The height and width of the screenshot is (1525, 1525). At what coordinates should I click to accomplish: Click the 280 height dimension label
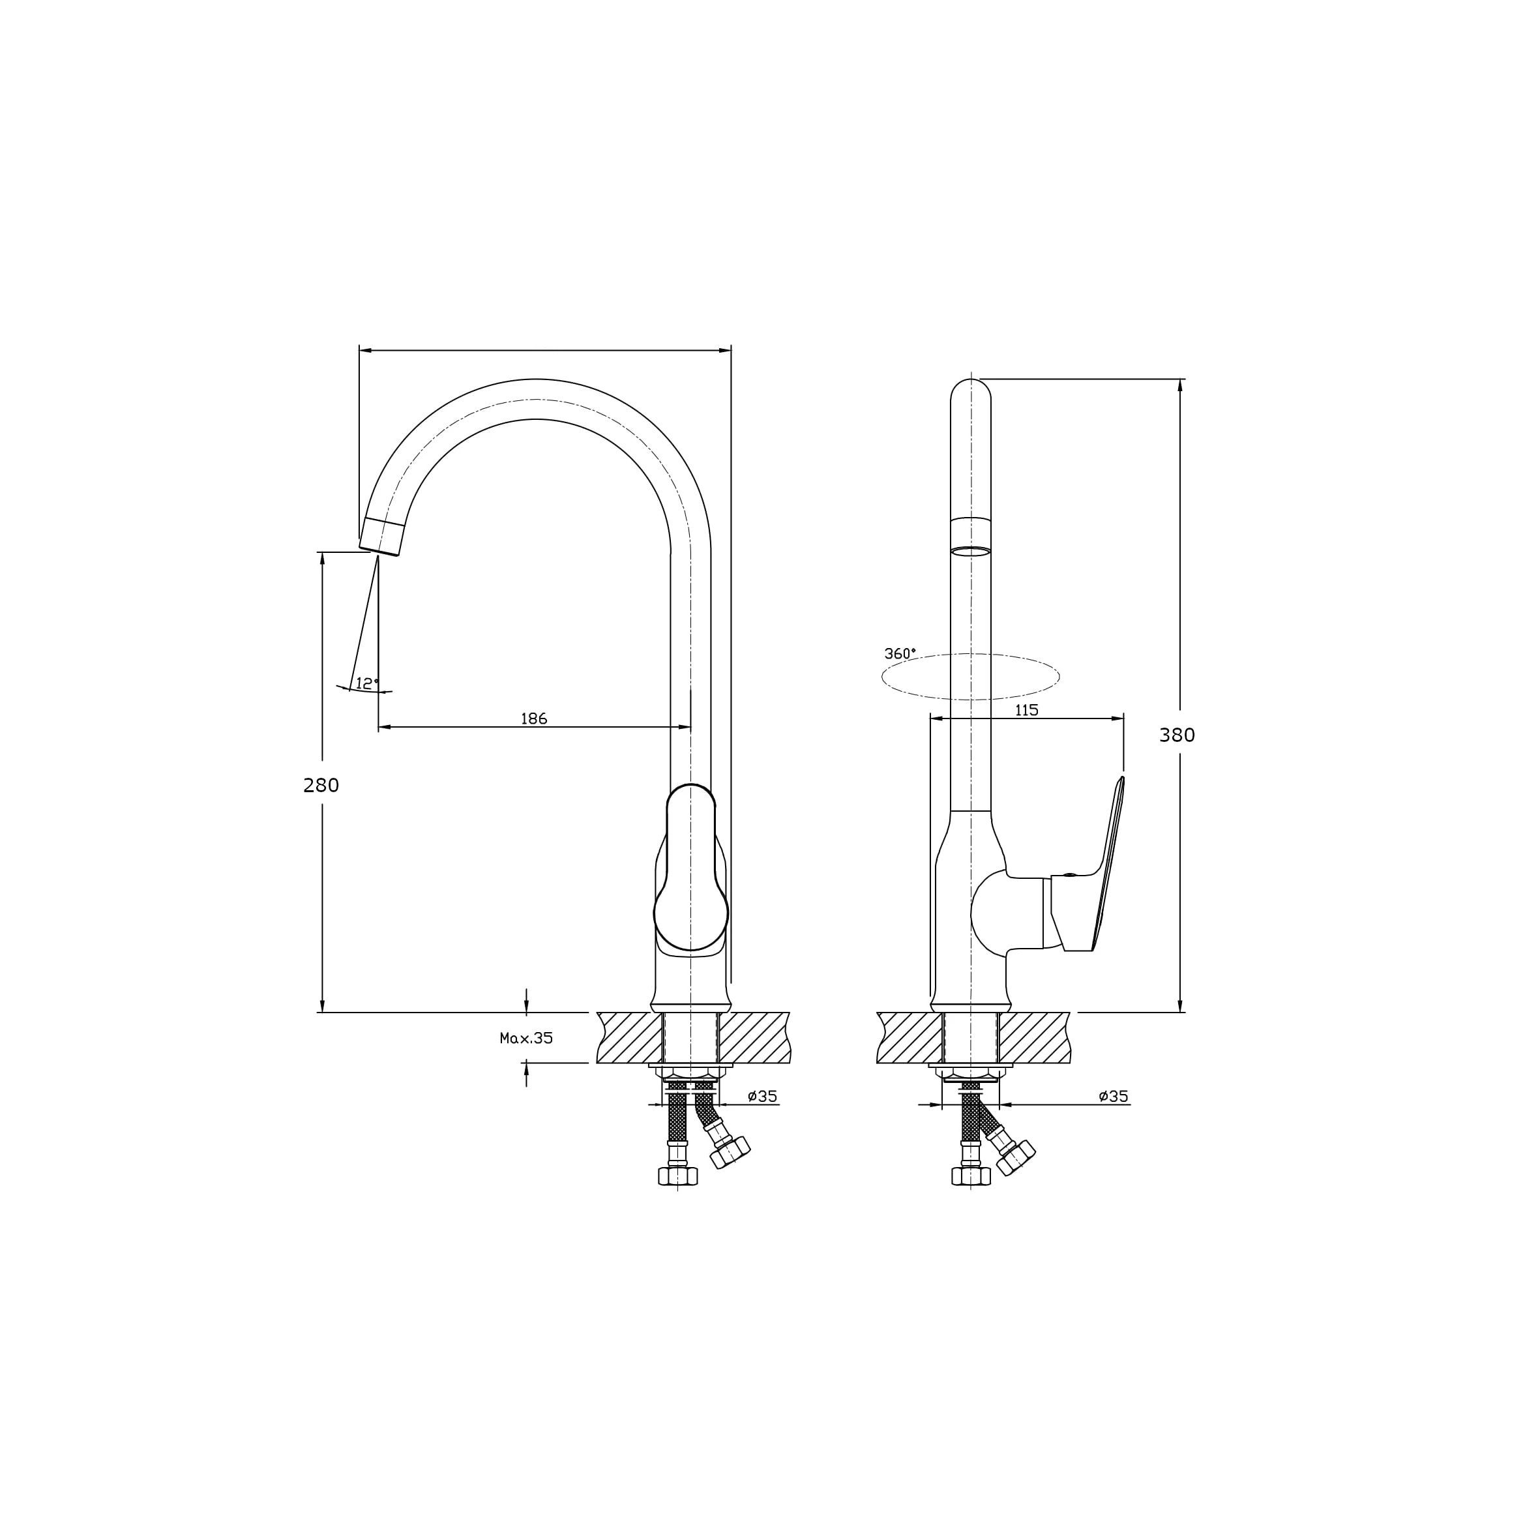pyautogui.click(x=321, y=786)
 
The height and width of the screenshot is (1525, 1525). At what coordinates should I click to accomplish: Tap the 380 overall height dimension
pyautogui.click(x=1177, y=735)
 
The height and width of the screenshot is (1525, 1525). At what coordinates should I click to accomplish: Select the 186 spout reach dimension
pyautogui.click(x=533, y=718)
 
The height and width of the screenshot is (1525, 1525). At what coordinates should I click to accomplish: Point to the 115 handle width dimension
pyautogui.click(x=1026, y=709)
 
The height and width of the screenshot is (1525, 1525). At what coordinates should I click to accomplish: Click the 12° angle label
pyautogui.click(x=367, y=683)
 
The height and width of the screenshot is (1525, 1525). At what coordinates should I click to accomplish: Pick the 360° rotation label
pyautogui.click(x=900, y=653)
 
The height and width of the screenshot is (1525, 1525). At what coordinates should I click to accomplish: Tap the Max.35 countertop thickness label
pyautogui.click(x=527, y=1038)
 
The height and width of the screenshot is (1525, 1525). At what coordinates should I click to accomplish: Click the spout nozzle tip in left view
pyautogui.click(x=381, y=536)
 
